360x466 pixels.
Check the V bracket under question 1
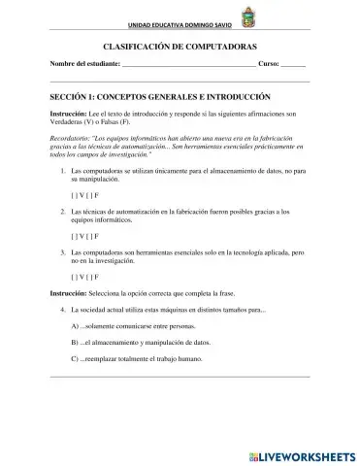pos(76,193)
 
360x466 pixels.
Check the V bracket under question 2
pos(76,235)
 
